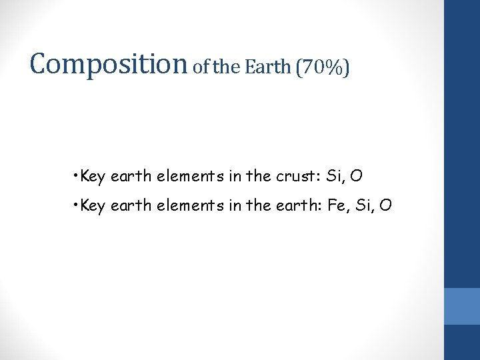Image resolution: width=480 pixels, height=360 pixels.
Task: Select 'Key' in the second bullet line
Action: tap(92, 206)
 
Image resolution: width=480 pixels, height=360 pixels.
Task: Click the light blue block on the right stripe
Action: tap(462, 306)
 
